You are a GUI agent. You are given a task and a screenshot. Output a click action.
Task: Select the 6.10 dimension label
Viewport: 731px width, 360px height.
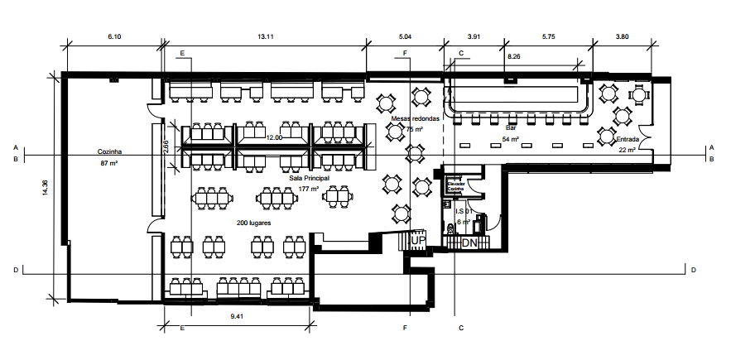pyautogui.click(x=113, y=37)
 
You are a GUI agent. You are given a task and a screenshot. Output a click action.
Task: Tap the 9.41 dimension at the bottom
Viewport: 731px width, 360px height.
pyautogui.click(x=237, y=317)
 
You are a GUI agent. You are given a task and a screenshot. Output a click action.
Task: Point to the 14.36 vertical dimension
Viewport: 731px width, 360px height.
pyautogui.click(x=46, y=188)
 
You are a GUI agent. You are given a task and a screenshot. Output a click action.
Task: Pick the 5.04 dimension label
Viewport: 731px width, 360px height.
pyautogui.click(x=405, y=37)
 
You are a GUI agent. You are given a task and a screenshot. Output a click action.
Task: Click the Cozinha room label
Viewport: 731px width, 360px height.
pyautogui.click(x=110, y=152)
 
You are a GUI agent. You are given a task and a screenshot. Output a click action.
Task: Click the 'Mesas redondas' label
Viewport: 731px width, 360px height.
pyautogui.click(x=416, y=119)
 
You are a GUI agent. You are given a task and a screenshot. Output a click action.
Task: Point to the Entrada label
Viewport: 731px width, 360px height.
pyautogui.click(x=628, y=139)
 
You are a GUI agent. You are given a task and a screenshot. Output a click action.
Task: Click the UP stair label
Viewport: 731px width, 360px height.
pyautogui.click(x=419, y=240)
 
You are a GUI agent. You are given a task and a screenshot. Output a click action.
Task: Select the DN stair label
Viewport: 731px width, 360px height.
pyautogui.click(x=469, y=243)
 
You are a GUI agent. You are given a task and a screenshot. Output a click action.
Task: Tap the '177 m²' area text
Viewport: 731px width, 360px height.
pyautogui.click(x=310, y=189)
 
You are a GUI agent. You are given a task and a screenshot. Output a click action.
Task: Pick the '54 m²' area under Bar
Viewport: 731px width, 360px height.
pyautogui.click(x=511, y=140)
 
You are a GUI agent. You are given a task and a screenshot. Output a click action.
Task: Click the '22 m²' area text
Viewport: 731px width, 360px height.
pyautogui.click(x=628, y=150)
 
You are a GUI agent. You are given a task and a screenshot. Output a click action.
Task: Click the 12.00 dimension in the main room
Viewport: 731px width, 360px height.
pyautogui.click(x=273, y=137)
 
